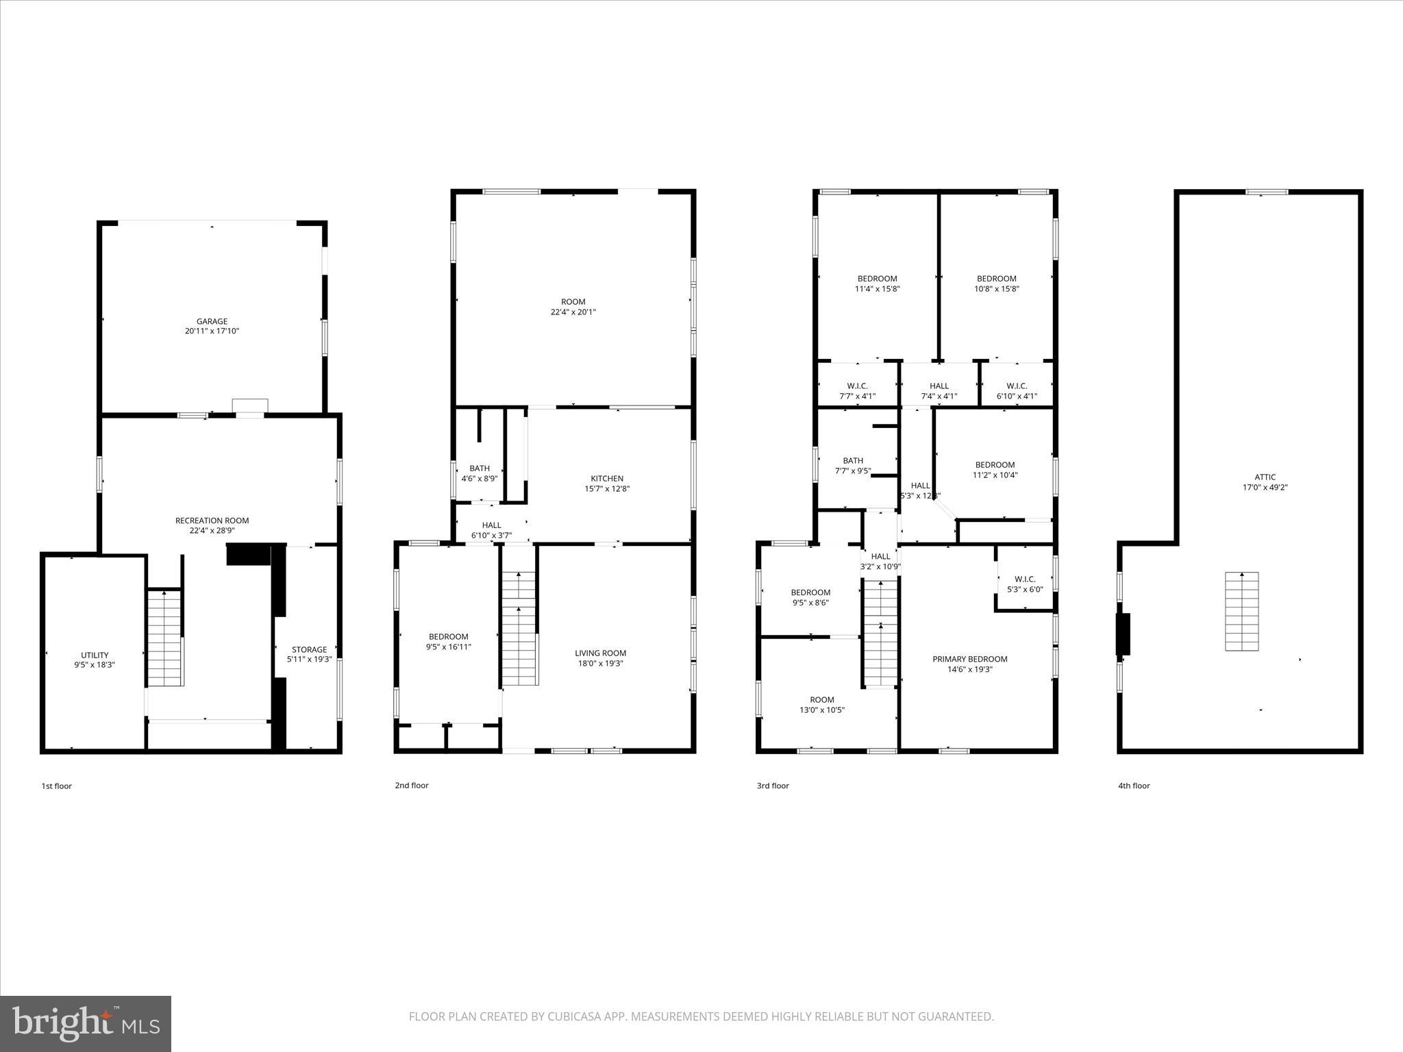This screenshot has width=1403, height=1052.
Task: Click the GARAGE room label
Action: [x=212, y=321]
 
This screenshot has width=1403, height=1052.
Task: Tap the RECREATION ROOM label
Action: [x=212, y=521]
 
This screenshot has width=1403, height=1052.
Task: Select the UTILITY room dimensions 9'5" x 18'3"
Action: [x=95, y=664]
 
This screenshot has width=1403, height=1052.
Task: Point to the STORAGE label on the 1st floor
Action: [x=309, y=649]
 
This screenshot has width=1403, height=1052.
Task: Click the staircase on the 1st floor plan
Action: [x=164, y=637]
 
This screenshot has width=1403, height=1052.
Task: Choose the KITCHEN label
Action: [x=607, y=479]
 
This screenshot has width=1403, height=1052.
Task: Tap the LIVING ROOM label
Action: [x=600, y=653]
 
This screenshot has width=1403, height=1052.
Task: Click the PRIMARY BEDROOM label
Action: [x=969, y=659]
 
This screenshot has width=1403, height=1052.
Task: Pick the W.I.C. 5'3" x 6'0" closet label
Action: [x=1024, y=584]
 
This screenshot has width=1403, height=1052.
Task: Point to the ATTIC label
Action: [x=1265, y=477]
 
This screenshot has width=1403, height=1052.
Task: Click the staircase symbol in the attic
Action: [x=1241, y=611]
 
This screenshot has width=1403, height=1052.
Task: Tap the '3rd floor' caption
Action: [x=772, y=786]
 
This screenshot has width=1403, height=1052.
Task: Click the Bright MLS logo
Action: [x=86, y=1024]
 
